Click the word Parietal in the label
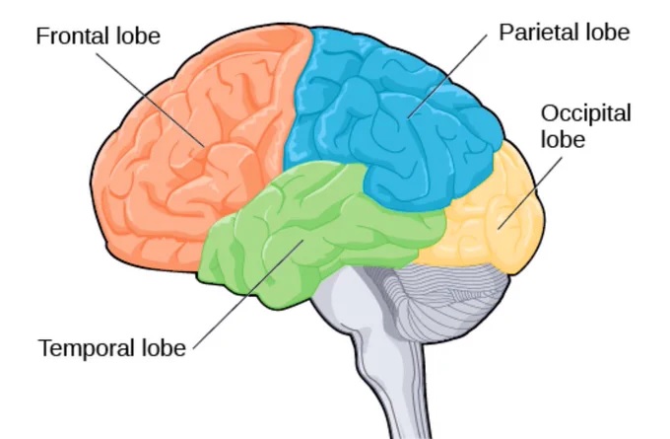[x=536, y=33]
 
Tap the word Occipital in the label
[x=577, y=114]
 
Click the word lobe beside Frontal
[x=139, y=37]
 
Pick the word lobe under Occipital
[x=563, y=139]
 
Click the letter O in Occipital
[x=549, y=114]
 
